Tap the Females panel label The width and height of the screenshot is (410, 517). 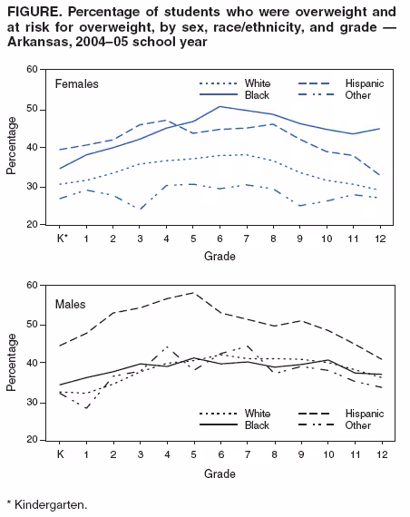(x=77, y=84)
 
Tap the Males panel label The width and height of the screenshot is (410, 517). (x=72, y=303)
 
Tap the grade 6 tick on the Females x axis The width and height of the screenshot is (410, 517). (x=220, y=239)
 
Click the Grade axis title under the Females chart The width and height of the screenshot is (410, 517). (x=219, y=257)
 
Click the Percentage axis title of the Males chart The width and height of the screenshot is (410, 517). (x=12, y=363)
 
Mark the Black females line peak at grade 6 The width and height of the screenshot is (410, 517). (x=220, y=107)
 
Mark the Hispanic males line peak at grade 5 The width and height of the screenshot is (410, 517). (x=193, y=293)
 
